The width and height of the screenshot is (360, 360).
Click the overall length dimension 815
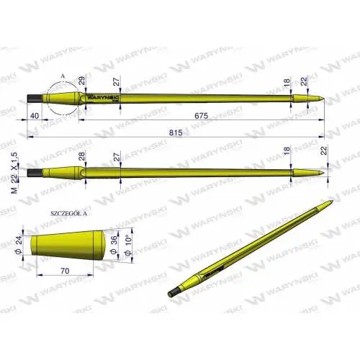(176, 132)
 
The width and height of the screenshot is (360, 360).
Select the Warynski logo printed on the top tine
(102, 95)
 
